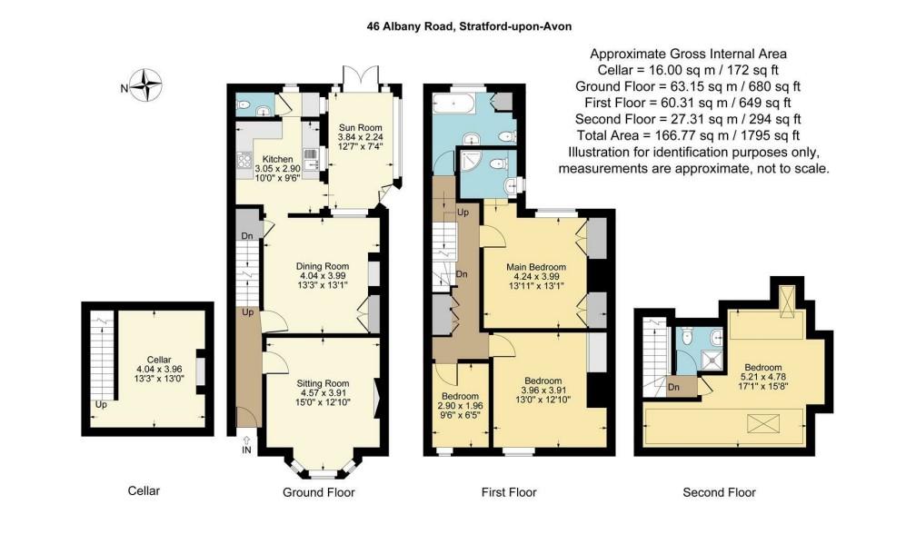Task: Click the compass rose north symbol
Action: (x=145, y=84)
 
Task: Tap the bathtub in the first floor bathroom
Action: (x=454, y=104)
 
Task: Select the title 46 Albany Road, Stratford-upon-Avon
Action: (x=469, y=26)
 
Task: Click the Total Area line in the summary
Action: (x=688, y=135)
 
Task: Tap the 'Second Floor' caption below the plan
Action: (x=720, y=492)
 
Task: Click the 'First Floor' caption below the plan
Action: (x=509, y=492)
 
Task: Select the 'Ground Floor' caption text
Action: (x=318, y=492)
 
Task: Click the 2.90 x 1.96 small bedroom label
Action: (x=461, y=405)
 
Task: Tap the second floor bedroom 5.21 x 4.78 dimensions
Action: (x=762, y=377)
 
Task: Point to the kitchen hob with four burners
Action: (x=244, y=160)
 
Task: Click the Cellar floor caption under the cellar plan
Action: (x=144, y=490)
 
